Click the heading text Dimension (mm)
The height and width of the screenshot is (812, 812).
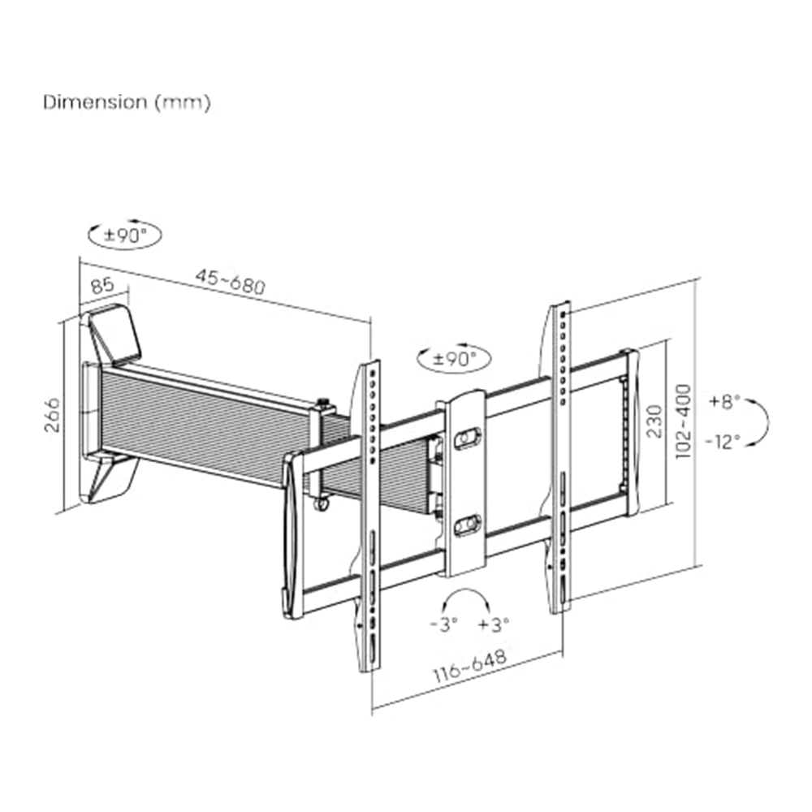(x=127, y=102)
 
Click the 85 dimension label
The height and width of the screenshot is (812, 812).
(x=102, y=285)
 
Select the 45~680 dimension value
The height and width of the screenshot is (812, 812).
(x=231, y=282)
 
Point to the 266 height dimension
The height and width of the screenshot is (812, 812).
(x=52, y=415)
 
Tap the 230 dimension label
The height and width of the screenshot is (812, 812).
(x=654, y=421)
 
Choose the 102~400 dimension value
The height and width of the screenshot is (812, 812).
(x=683, y=421)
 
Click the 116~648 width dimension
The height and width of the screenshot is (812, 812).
(x=469, y=667)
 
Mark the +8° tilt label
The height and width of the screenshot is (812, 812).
(x=725, y=401)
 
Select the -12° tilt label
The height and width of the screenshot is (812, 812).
(x=723, y=441)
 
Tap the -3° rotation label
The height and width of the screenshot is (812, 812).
(x=444, y=624)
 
